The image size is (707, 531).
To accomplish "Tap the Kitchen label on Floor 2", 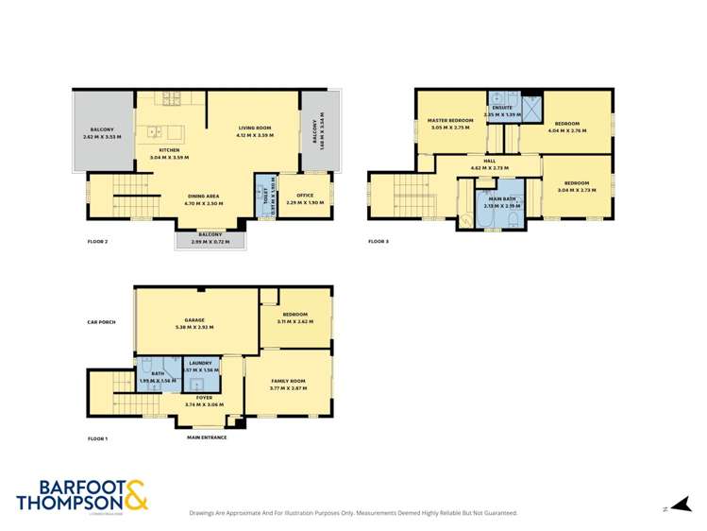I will tap(169, 150).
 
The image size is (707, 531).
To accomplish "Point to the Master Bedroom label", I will tap(449, 121).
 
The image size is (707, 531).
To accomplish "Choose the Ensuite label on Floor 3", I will tap(502, 109).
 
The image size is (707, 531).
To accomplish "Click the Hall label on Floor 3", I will tap(489, 161).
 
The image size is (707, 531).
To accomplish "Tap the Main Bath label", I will tap(500, 198).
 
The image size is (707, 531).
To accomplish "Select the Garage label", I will tap(194, 320).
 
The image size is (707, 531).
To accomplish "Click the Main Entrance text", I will tap(207, 437).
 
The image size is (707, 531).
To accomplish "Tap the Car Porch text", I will tap(100, 322).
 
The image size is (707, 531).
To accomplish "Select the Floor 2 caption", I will tap(98, 241).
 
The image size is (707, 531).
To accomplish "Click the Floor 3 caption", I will tap(378, 241).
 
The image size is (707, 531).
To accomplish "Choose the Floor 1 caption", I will tap(98, 438).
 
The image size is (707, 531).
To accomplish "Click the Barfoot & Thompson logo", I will tap(81, 495).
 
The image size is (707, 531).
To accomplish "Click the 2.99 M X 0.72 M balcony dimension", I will tap(210, 242).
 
